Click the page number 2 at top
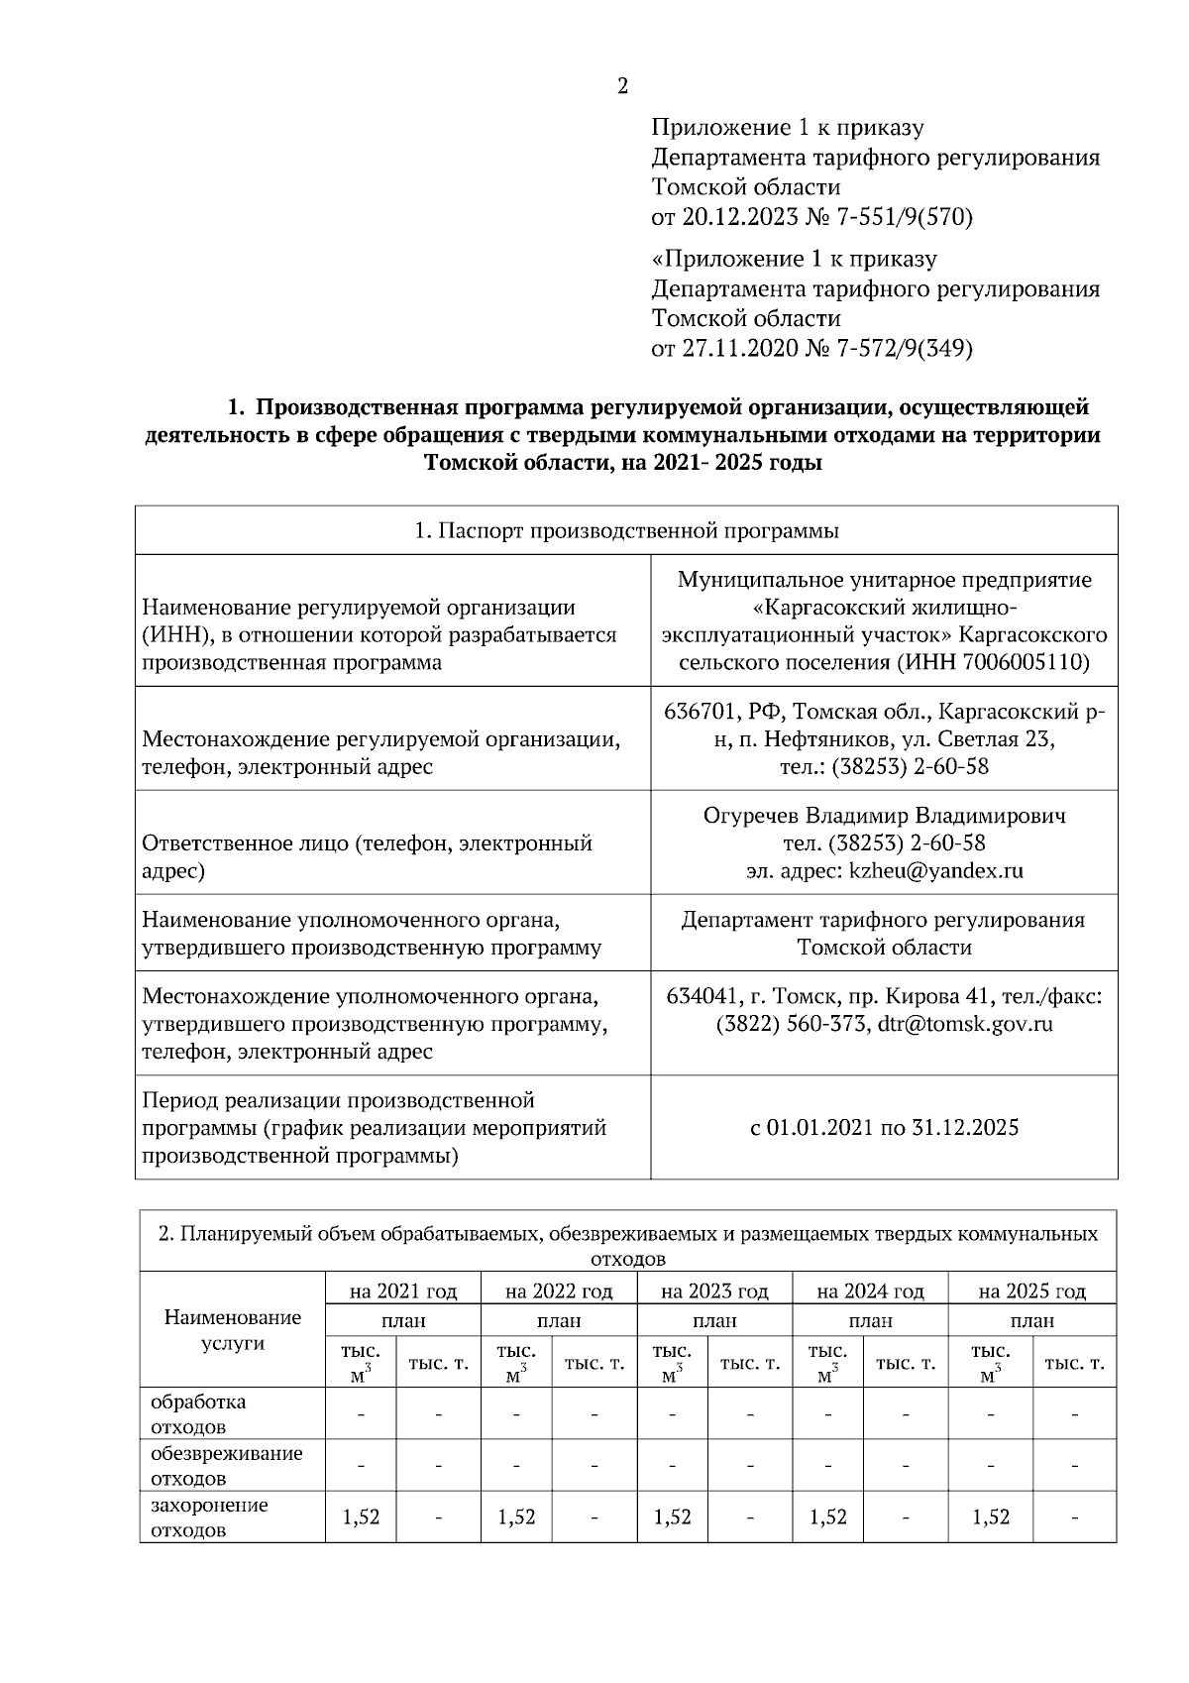622,86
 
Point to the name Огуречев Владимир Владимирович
884,816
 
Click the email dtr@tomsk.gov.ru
965,1024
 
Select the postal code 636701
701,712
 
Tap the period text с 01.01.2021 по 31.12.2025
884,1127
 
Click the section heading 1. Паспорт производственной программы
626,531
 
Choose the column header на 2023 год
714,1291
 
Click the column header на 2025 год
1031,1291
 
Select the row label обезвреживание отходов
226,1466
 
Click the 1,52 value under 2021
361,1517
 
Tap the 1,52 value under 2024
827,1517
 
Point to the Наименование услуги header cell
232,1330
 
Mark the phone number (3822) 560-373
792,1024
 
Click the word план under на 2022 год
559,1321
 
